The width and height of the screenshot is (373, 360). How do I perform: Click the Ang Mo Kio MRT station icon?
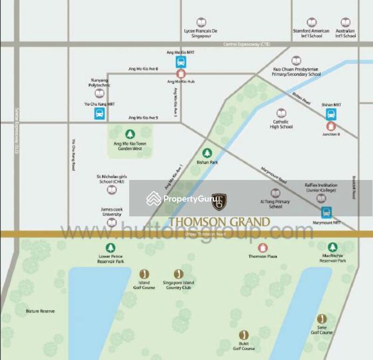(x=181, y=62)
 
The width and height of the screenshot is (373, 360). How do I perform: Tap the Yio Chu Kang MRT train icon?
(x=100, y=113)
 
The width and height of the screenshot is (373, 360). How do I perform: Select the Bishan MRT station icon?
(x=331, y=114)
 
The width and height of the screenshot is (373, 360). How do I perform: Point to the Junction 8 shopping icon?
(x=331, y=126)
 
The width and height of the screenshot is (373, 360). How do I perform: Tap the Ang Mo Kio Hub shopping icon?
(x=181, y=74)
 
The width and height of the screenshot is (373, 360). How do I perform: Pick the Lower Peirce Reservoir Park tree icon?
(x=110, y=248)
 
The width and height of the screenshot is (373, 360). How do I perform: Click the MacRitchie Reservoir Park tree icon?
(x=332, y=247)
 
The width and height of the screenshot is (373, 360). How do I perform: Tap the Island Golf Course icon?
(x=144, y=274)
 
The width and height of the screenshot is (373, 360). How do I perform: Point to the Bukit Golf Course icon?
(x=243, y=335)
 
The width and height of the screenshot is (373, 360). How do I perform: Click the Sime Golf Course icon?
(x=322, y=319)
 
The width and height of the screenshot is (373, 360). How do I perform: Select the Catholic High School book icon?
(x=281, y=113)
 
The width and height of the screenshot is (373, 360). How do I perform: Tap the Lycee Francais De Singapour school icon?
(x=201, y=22)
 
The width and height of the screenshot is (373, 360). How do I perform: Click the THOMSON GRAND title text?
(x=219, y=222)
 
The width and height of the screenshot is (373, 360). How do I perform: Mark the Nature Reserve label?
(x=40, y=311)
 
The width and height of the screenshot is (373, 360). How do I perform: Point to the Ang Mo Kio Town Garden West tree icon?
(x=130, y=133)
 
